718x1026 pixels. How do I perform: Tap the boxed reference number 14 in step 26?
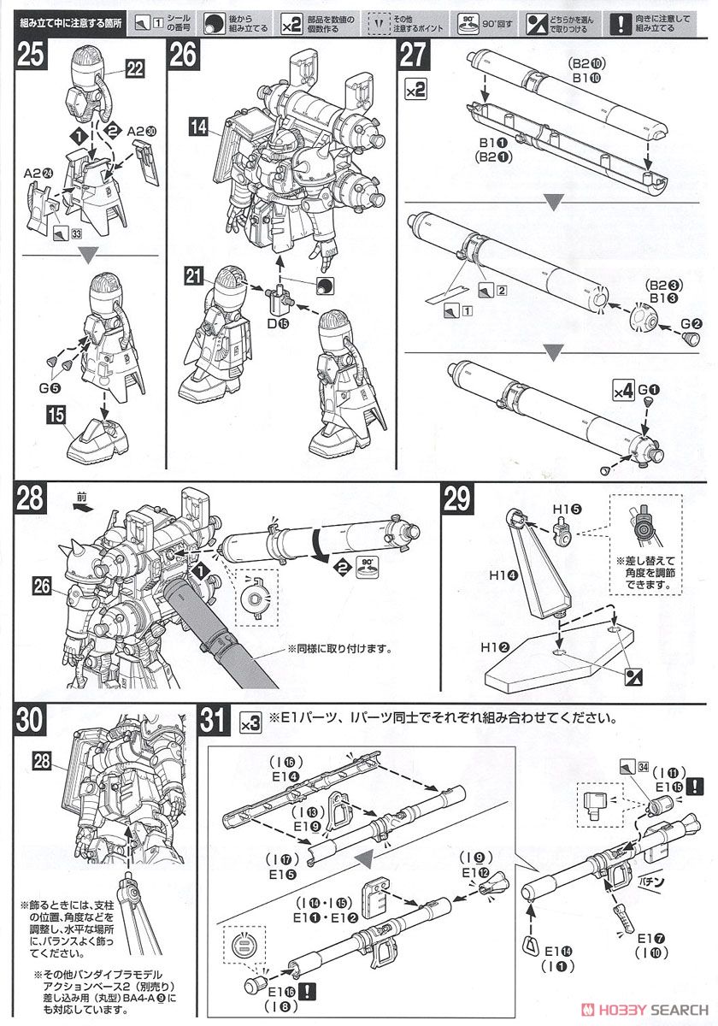(199, 128)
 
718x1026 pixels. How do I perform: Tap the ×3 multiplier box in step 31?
(250, 723)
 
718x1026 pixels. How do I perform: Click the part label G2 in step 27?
(691, 323)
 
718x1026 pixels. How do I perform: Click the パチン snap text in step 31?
(648, 876)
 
